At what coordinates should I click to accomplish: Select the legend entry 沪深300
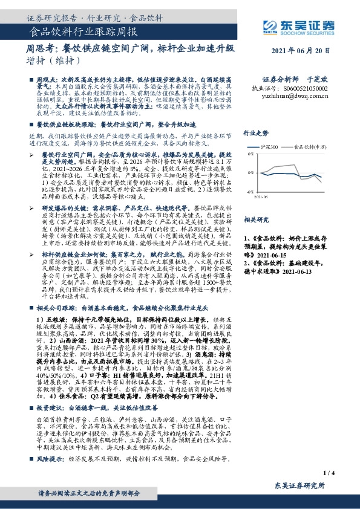coord(270,146)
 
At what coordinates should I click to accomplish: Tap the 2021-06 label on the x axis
coord(261,196)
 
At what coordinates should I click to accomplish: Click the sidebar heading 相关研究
coord(255,219)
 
